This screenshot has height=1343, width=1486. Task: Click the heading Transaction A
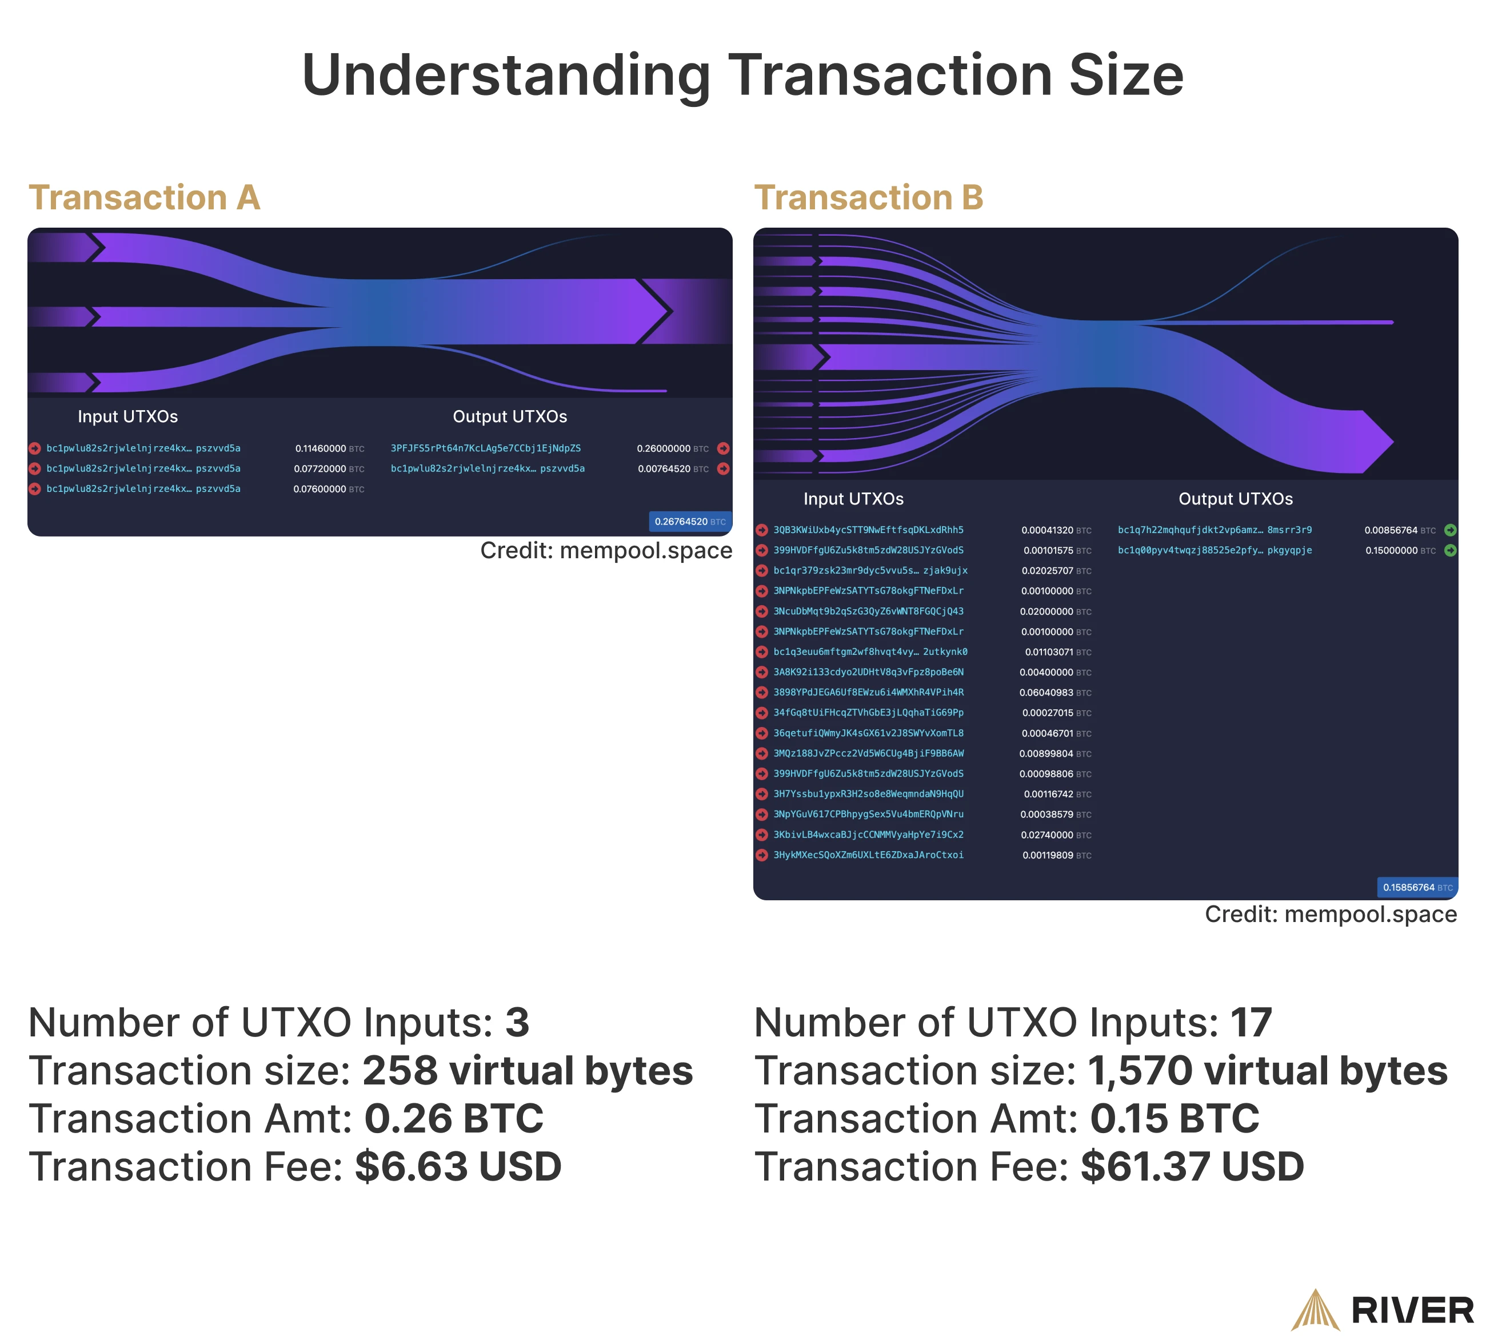pyautogui.click(x=145, y=198)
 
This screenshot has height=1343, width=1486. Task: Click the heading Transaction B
pyautogui.click(x=869, y=198)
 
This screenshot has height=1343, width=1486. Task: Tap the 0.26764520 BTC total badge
pyautogui.click(x=690, y=522)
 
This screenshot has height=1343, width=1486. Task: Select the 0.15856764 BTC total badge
pyautogui.click(x=1417, y=887)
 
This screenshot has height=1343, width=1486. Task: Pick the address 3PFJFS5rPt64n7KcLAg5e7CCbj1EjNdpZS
pyautogui.click(x=486, y=448)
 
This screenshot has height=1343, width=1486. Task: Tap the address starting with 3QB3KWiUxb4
pyautogui.click(x=868, y=530)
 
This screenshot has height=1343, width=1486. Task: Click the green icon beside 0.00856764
pyautogui.click(x=1450, y=530)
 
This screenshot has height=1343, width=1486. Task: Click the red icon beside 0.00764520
pyautogui.click(x=723, y=468)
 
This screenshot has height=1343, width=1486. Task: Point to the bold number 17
pyautogui.click(x=1252, y=1023)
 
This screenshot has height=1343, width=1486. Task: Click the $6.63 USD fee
pyautogui.click(x=458, y=1167)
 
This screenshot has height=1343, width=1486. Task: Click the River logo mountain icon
pyautogui.click(x=1316, y=1310)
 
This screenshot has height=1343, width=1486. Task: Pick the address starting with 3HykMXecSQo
pyautogui.click(x=868, y=856)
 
